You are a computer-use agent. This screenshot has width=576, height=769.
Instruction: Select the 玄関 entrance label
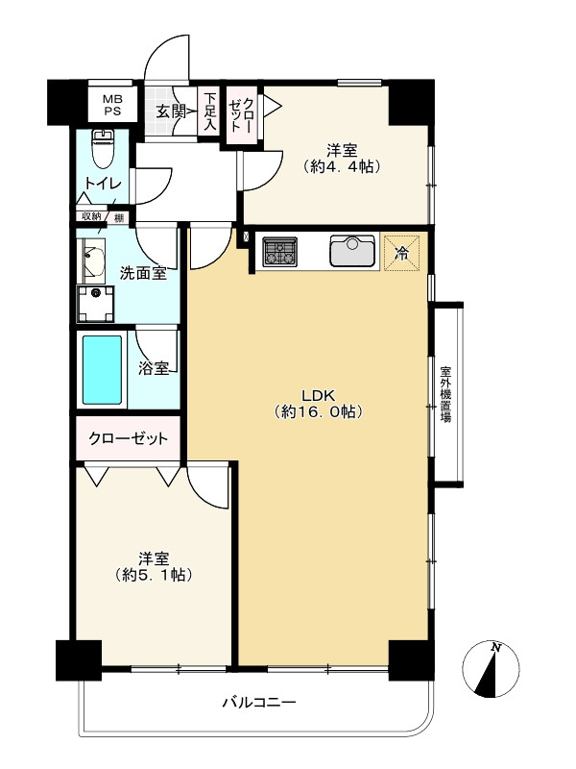(173, 111)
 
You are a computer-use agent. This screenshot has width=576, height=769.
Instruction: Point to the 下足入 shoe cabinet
(210, 111)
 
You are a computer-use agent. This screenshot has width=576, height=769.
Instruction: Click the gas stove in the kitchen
(279, 251)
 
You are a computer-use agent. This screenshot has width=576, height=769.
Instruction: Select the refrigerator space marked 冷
(401, 252)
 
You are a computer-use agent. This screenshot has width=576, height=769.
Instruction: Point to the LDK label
(317, 394)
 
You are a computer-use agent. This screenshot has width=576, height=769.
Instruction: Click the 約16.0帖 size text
(317, 412)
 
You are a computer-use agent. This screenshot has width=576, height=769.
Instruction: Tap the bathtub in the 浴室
(102, 369)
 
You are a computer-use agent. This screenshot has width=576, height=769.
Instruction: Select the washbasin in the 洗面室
(93, 260)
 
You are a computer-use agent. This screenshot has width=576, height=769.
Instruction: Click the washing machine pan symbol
(95, 303)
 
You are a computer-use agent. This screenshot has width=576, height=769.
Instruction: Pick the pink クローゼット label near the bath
(128, 439)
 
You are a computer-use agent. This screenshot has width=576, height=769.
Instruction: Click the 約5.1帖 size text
(153, 576)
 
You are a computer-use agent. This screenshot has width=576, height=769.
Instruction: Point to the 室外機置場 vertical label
(446, 394)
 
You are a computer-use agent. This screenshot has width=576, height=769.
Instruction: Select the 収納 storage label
(90, 217)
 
